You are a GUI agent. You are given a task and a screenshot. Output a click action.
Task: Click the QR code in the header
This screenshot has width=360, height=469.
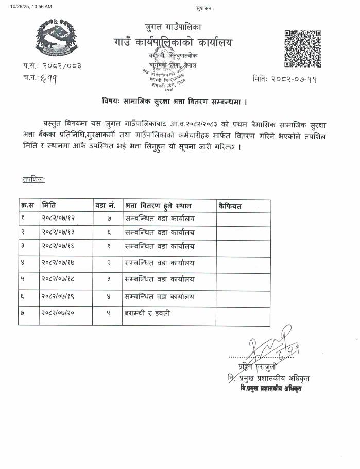(x=303, y=49)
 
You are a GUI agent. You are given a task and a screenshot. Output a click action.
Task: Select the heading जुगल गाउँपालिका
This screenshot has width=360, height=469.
(x=173, y=26)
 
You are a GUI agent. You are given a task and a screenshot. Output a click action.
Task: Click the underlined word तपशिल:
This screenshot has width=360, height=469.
(x=33, y=179)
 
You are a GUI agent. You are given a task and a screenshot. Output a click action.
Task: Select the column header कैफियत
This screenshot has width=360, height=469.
(x=230, y=206)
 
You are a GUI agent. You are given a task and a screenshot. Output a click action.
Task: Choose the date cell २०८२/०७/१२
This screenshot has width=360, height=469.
(x=60, y=220)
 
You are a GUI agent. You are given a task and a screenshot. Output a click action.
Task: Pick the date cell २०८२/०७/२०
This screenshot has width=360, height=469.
(x=60, y=313)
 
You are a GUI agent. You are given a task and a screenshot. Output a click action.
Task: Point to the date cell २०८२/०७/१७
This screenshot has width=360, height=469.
(x=60, y=263)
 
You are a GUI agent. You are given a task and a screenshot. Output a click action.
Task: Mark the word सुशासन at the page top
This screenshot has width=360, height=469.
(x=205, y=9)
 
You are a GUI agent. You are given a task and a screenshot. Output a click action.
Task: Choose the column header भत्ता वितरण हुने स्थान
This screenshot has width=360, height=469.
(x=153, y=206)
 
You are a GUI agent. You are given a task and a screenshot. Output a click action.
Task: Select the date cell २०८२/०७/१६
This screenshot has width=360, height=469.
(x=60, y=247)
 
